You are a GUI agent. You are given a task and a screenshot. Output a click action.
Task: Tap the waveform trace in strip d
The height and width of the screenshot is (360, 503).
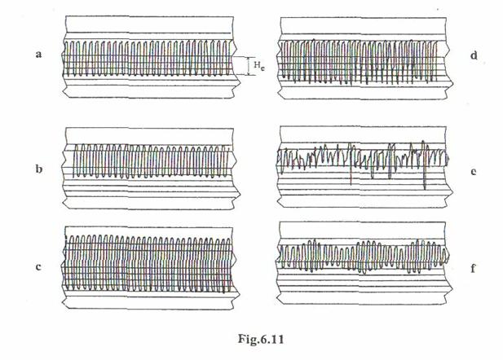(363, 59)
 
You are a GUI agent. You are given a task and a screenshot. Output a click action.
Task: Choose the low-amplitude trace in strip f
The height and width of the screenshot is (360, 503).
(363, 257)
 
